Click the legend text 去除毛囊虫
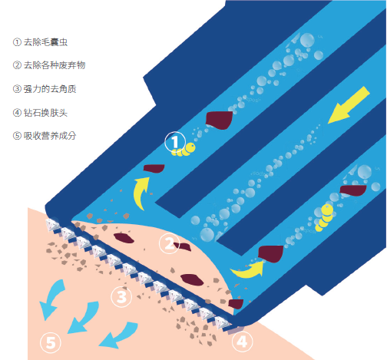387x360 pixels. pyautogui.click(x=45, y=42)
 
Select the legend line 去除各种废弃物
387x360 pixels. pyautogui.click(x=55, y=65)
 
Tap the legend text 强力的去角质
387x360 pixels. pyautogui.click(x=50, y=89)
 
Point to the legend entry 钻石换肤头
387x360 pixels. pyautogui.click(x=45, y=113)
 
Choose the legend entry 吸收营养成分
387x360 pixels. pyautogui.click(x=50, y=136)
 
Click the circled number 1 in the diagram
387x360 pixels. pyautogui.click(x=175, y=141)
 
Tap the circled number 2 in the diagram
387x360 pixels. pyautogui.click(x=169, y=243)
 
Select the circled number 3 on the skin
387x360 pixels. pyautogui.click(x=121, y=297)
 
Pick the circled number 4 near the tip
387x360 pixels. pyautogui.click(x=242, y=342)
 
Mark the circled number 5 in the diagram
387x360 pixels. pyautogui.click(x=51, y=342)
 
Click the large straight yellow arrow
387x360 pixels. pyautogui.click(x=349, y=105)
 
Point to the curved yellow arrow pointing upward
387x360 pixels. pyautogui.click(x=140, y=192)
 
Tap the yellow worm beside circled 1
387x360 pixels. pyautogui.click(x=184, y=150)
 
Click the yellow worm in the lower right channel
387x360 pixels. pyautogui.click(x=325, y=217)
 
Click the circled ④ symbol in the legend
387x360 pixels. pyautogui.click(x=17, y=113)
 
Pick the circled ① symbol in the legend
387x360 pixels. pyautogui.click(x=17, y=42)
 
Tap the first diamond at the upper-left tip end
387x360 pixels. pyautogui.click(x=53, y=225)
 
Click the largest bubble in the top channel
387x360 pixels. pyautogui.click(x=307, y=40)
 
